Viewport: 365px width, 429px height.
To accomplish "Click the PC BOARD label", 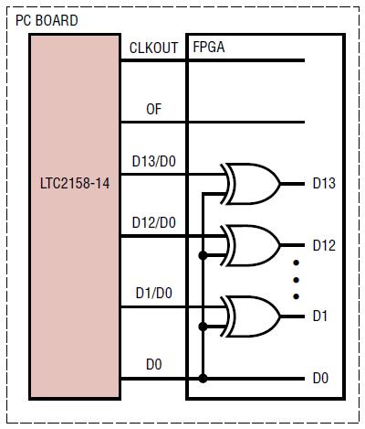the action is tap(47, 20).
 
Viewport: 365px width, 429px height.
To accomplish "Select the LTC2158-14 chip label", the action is tap(75, 184).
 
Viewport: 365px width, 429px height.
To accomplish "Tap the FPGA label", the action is tap(209, 47).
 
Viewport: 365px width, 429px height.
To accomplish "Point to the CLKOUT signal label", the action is tap(153, 48).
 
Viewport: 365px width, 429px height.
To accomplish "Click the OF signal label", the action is tap(153, 109).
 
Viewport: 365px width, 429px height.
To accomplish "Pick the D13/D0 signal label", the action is tap(154, 161).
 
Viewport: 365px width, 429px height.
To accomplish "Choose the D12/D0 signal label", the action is tap(154, 222).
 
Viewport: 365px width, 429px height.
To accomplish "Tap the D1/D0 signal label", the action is tap(154, 293).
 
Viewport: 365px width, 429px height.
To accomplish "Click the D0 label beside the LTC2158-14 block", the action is tap(153, 364).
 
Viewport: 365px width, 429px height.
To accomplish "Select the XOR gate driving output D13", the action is tap(250, 184).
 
